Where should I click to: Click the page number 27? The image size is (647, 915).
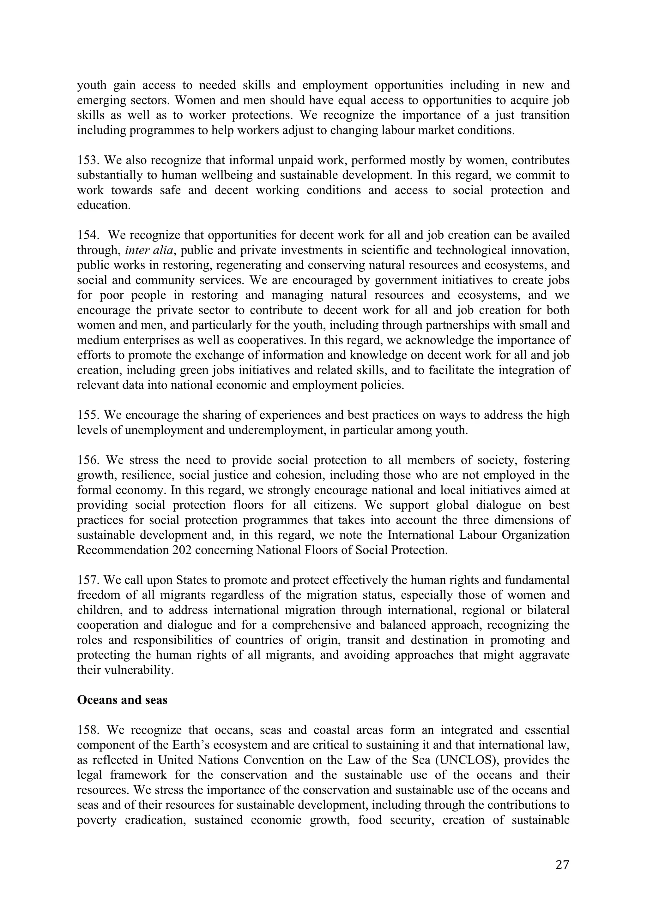pos(562,865)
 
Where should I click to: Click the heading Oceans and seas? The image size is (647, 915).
pos(122,699)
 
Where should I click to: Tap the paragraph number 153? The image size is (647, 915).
pos(88,160)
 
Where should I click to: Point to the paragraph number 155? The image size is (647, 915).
pos(88,415)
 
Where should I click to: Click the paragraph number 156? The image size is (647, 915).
pos(88,460)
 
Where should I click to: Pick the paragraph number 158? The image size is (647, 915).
pos(88,730)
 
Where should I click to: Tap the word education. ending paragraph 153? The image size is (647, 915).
pos(104,205)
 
